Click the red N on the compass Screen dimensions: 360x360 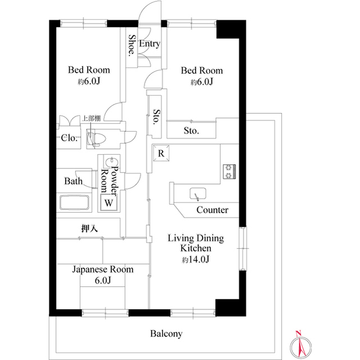pos(298,333)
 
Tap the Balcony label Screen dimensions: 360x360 pos(166,334)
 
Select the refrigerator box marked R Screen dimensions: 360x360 pos(161,153)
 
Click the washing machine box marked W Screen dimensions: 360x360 pos(109,202)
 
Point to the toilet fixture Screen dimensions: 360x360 pos(96,138)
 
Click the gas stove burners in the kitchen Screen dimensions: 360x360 pos(229,172)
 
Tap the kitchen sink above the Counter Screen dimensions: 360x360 pos(197,193)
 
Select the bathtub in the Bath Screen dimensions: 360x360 pos(74,202)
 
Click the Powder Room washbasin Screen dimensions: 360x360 pos(112,162)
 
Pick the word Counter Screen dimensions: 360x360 pos(213,210)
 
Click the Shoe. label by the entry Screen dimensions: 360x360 pos(132,45)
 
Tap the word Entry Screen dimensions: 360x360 pos(150,44)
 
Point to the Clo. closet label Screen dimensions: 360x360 pos(69,138)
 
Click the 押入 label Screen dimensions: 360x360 pos(90,228)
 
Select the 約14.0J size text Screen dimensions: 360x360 pos(196,259)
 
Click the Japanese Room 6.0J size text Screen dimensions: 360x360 pos(103,280)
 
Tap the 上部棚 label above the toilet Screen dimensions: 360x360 pos(91,119)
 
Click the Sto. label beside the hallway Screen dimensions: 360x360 pos(156,116)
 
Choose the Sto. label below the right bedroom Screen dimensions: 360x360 pos(191,131)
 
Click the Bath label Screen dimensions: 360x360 pos(73,181)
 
